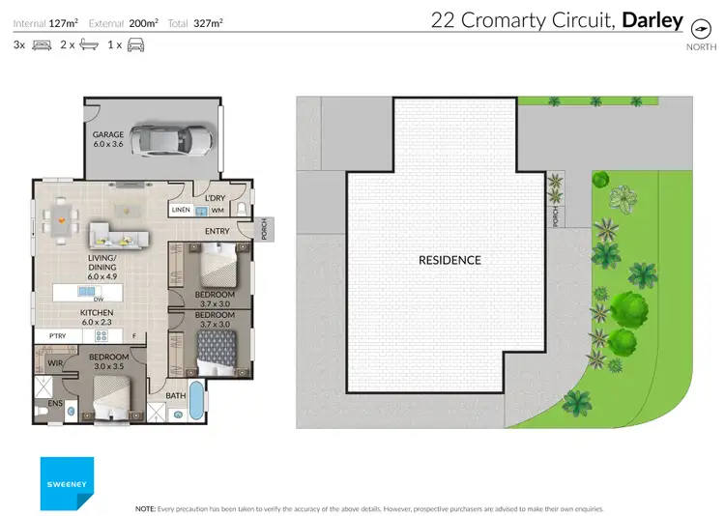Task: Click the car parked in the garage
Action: pyautogui.click(x=174, y=139)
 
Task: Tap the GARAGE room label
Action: pyautogui.click(x=107, y=139)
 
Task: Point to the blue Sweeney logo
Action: pyautogui.click(x=67, y=483)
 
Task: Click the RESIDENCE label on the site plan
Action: pyautogui.click(x=449, y=260)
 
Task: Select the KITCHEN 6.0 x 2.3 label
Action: pyautogui.click(x=97, y=319)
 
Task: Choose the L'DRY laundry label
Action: pyautogui.click(x=216, y=198)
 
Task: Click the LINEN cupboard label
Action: pyautogui.click(x=181, y=210)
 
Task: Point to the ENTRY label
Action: pyautogui.click(x=217, y=232)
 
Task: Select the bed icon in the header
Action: pyautogui.click(x=42, y=44)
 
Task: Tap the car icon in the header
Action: pyautogui.click(x=134, y=44)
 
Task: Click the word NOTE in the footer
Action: pyautogui.click(x=144, y=507)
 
